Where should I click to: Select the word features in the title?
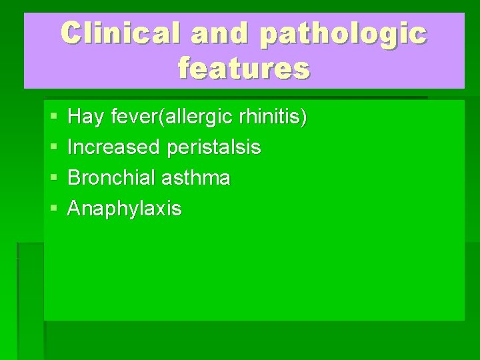[244, 68]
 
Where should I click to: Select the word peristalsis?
[214, 147]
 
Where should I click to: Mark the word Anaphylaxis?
[125, 209]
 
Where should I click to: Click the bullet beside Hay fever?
[53, 117]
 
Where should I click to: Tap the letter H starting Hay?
[74, 117]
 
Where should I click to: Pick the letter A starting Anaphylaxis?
[75, 209]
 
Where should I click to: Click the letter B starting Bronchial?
[74, 178]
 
